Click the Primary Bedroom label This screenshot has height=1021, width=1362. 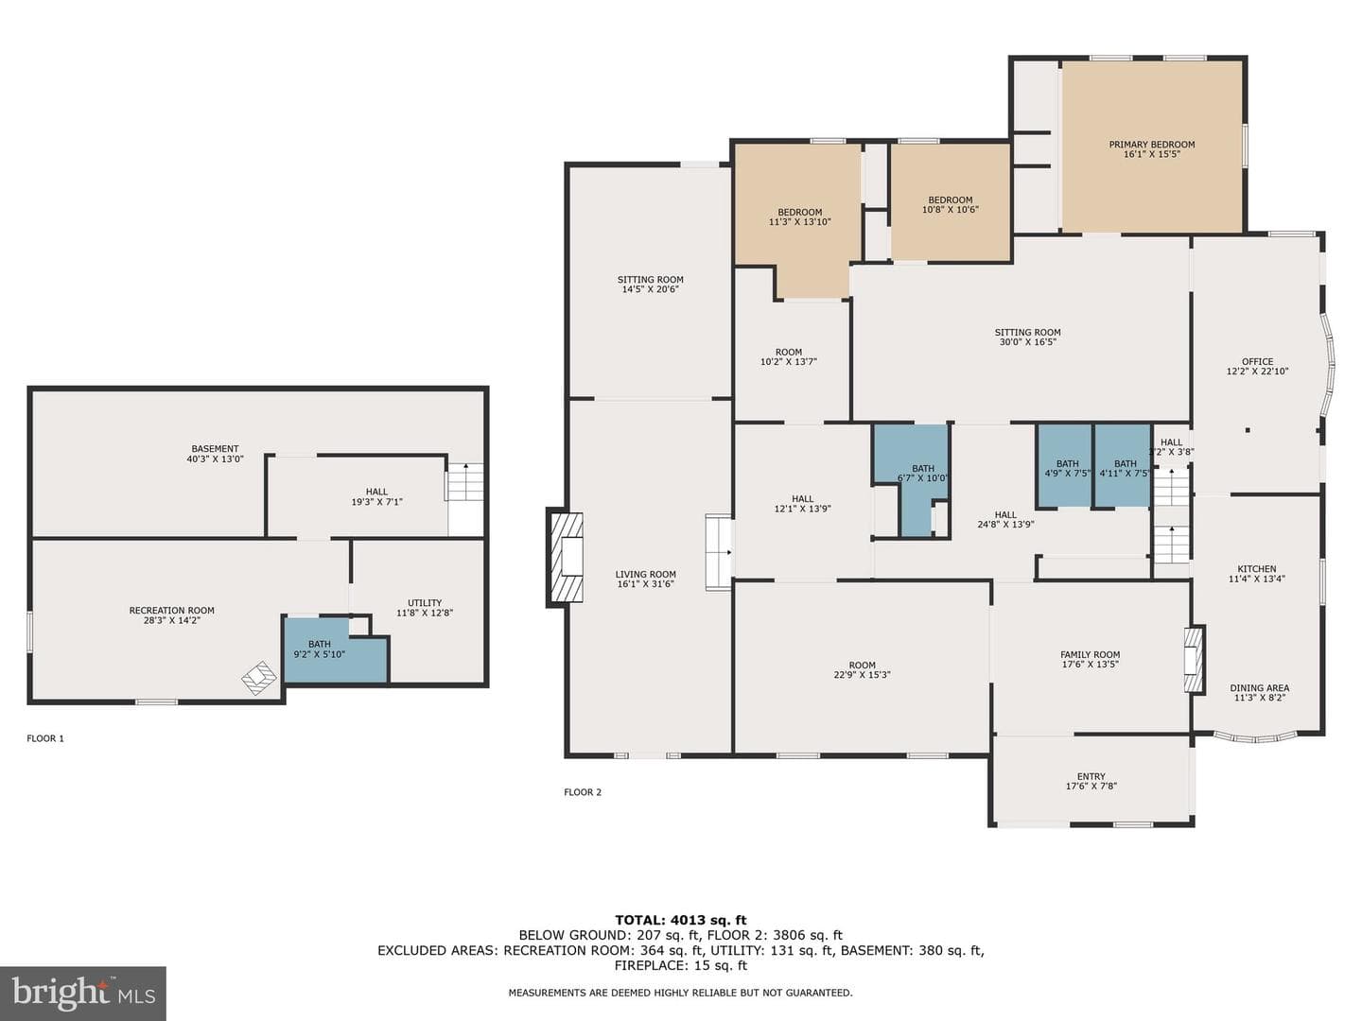point(1152,148)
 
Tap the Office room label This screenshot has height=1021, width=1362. point(1257,367)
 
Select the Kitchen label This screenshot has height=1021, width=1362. point(1256,574)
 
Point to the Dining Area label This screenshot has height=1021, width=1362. point(1259,692)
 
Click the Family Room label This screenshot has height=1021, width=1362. point(1090,659)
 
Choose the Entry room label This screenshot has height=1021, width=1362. point(1091,781)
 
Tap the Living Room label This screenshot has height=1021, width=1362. point(645,579)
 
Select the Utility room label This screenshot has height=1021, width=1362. point(425,608)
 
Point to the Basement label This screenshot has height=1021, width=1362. point(215,453)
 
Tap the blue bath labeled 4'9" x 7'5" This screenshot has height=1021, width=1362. point(1065,465)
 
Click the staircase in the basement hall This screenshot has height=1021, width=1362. point(463,482)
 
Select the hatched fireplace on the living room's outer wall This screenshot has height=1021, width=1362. point(565,557)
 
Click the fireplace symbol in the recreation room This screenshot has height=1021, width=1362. point(259,678)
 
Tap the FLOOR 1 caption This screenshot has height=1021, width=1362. point(45,738)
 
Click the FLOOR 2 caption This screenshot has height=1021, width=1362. point(582,791)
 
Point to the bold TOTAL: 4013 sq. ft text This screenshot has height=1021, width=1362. point(681,920)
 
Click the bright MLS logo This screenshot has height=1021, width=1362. point(83,994)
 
